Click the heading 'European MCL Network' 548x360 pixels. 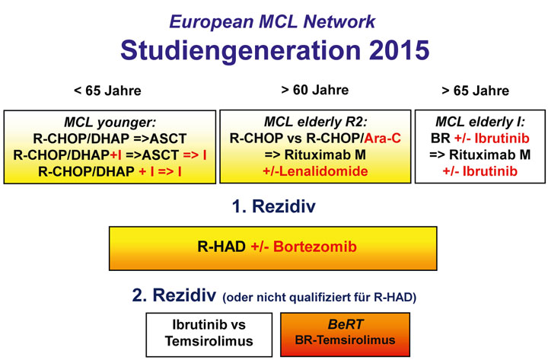(272, 21)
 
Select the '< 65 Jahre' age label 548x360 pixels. (107, 91)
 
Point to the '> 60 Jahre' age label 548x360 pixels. (314, 90)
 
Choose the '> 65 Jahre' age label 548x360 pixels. (475, 91)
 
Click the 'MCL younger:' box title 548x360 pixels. (110, 123)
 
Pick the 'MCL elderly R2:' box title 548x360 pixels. (316, 122)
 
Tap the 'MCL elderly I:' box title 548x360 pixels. (479, 122)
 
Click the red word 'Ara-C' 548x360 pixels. (382, 139)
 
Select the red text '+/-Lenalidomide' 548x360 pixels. (315, 171)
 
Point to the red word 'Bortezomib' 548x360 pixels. (315, 247)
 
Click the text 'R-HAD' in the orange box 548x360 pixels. (221, 247)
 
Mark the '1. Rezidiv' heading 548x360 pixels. (274, 206)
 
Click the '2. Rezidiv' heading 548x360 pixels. (174, 295)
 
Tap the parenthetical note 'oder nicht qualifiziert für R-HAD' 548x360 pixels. (320, 298)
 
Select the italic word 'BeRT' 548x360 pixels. (346, 324)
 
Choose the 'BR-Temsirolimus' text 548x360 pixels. (345, 340)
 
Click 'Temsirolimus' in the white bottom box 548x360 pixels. (209, 341)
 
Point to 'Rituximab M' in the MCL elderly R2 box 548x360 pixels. (325, 155)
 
